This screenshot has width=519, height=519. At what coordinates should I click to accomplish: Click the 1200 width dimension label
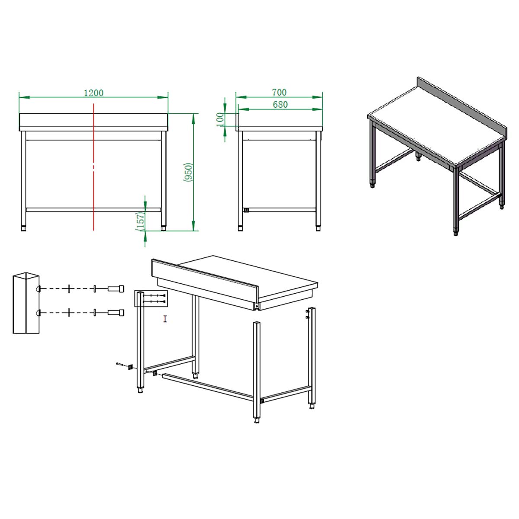coord(93,93)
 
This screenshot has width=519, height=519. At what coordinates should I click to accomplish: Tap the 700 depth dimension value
coord(279,93)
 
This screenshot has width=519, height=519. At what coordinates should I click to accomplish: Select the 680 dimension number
coord(280,105)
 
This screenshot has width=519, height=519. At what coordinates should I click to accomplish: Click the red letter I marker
coord(165,319)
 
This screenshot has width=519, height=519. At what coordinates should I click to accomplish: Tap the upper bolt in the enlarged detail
coord(116,288)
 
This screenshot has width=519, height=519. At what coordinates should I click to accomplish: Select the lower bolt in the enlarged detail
coord(116,312)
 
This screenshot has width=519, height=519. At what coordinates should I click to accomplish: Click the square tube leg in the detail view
coord(26,303)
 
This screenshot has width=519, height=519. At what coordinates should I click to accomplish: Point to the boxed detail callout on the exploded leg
coord(151,298)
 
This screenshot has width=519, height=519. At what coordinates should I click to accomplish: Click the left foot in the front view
coord(24,228)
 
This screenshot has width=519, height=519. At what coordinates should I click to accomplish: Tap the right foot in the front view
coord(163,228)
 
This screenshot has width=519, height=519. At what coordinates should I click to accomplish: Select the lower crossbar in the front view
coord(93,209)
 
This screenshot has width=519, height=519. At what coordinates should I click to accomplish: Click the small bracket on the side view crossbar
coord(246,209)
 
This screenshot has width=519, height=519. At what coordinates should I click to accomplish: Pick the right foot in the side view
coord(318,228)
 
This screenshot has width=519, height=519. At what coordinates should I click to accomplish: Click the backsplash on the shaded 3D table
coord(462,108)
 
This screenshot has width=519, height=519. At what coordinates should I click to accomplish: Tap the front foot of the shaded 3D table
coord(456,233)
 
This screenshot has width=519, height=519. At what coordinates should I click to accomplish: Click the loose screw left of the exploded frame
coord(119,364)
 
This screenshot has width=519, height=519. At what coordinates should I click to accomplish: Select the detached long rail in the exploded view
coord(208,387)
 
